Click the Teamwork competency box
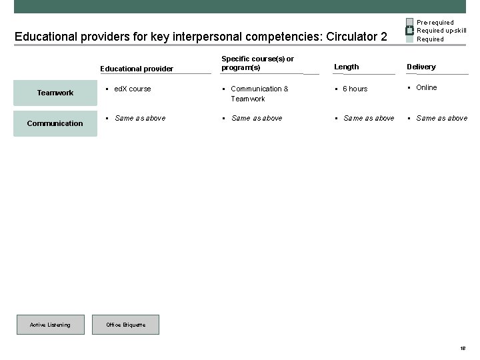(55, 93)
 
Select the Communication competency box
(55, 123)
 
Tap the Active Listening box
(50, 325)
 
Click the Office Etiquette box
(125, 325)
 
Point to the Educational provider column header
(137, 68)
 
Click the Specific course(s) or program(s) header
(257, 63)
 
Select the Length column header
(347, 67)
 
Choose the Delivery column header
(421, 67)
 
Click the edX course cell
(133, 89)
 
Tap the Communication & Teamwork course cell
(259, 93)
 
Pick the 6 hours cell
(355, 89)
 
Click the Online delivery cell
(427, 87)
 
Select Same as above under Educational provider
(140, 118)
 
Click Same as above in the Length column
(369, 118)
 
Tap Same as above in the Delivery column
(441, 118)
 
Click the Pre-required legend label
(435, 23)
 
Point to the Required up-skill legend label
(441, 31)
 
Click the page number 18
(463, 348)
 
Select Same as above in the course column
(257, 118)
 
